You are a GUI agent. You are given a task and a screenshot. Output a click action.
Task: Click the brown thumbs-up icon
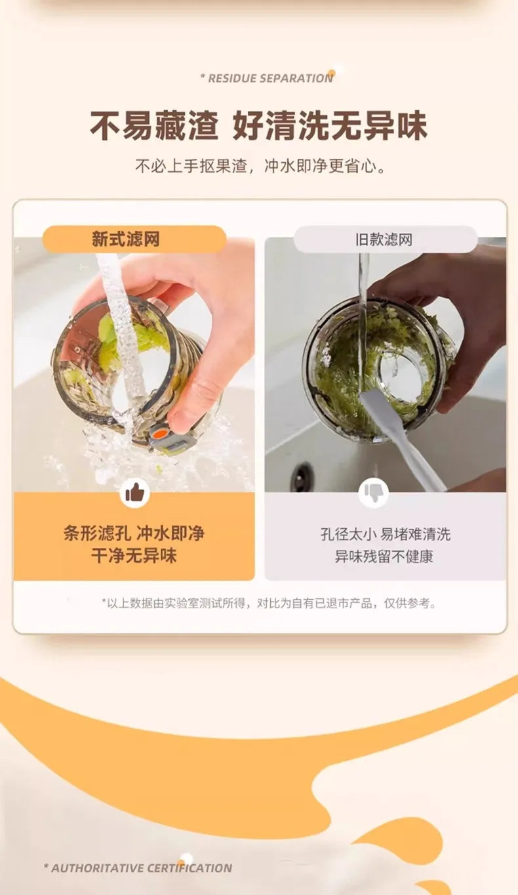point(135,494)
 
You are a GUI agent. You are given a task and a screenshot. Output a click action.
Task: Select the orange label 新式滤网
point(134,239)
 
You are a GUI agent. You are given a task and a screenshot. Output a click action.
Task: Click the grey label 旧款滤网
point(386,239)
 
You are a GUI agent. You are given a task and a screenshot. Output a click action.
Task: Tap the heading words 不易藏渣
point(155,126)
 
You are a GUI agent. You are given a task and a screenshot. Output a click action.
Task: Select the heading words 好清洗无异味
point(330,126)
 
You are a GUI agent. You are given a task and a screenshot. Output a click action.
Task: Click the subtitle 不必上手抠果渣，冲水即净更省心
point(260,166)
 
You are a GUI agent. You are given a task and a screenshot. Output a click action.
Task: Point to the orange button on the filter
point(159,432)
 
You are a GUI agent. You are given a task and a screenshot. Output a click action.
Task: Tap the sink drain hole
point(303,474)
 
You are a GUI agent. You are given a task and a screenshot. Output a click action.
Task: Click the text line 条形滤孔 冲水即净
point(134,533)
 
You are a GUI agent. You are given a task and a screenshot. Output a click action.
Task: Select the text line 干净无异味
point(134,556)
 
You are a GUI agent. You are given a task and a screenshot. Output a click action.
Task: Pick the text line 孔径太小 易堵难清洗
point(386,534)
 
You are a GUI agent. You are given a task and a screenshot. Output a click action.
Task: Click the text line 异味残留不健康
point(384,556)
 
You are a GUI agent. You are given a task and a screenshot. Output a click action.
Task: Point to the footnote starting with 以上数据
point(269,603)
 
